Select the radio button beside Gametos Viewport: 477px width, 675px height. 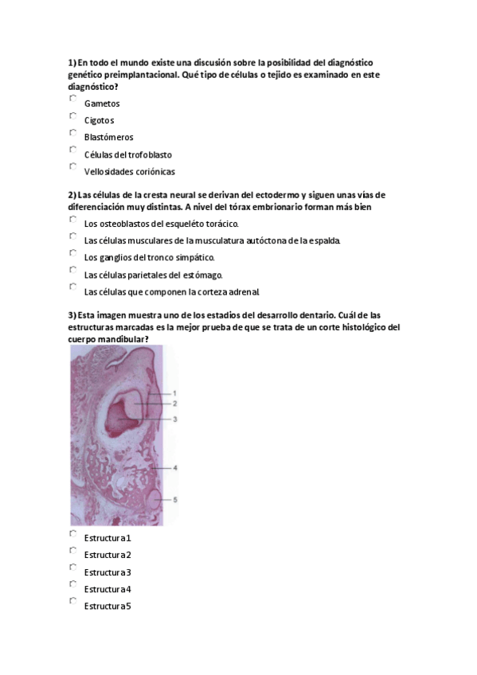(x=72, y=99)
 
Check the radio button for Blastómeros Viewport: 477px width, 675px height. (x=72, y=133)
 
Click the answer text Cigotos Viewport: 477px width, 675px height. (x=99, y=121)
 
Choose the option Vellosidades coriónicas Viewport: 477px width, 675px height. (x=129, y=172)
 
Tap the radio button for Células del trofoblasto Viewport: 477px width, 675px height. (x=72, y=150)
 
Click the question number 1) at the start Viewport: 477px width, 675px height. (x=72, y=62)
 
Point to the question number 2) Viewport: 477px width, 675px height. (x=72, y=195)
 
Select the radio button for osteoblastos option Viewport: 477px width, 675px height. (x=72, y=220)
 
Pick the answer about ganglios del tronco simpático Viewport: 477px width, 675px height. (x=149, y=257)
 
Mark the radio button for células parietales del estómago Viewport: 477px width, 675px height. (x=72, y=270)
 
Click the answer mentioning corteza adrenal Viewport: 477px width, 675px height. (x=172, y=291)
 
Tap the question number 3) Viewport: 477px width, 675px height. (x=72, y=315)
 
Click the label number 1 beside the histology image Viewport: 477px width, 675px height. (x=174, y=392)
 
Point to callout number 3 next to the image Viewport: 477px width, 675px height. (x=174, y=419)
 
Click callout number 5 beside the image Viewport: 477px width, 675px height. (x=174, y=500)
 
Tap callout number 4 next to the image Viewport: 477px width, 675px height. (x=174, y=468)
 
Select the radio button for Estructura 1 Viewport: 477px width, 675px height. (x=72, y=533)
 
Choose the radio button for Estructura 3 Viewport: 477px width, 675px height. (x=72, y=568)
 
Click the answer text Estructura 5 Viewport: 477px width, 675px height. (x=108, y=607)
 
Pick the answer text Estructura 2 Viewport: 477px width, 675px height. (x=108, y=555)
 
